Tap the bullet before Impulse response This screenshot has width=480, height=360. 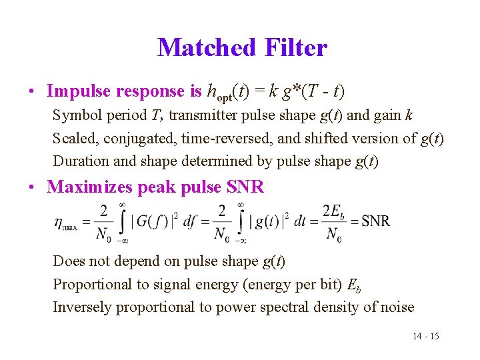(x=32, y=91)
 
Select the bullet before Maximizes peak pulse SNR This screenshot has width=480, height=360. (x=32, y=187)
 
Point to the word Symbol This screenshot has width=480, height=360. (x=74, y=115)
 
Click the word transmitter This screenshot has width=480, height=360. (x=203, y=115)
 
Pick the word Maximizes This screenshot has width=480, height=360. (x=90, y=187)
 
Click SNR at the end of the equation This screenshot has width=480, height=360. (x=375, y=221)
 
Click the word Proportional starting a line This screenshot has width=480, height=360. (x=89, y=285)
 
